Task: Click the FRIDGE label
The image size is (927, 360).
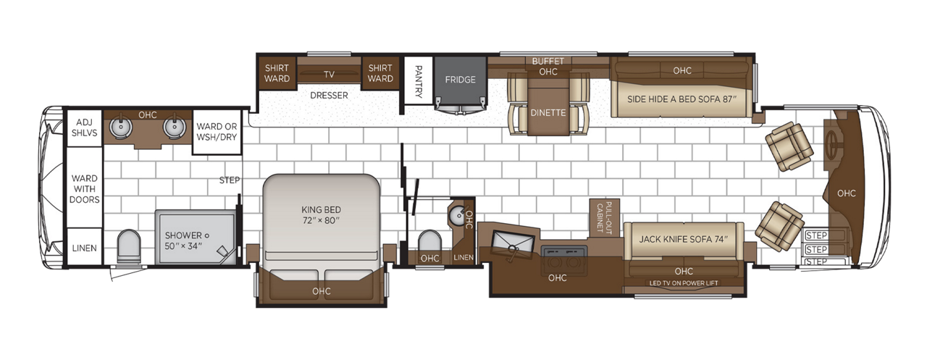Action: tap(461, 80)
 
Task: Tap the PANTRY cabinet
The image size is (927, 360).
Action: tap(418, 80)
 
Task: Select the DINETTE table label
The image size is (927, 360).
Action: tap(548, 112)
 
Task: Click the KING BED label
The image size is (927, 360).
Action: tap(321, 214)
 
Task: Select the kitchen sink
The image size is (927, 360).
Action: tap(515, 241)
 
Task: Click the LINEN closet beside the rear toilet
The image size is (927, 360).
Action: tap(84, 248)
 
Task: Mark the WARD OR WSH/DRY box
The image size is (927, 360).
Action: tap(215, 132)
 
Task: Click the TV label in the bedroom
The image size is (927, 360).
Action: tap(330, 75)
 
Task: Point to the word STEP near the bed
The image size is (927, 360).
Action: tap(230, 180)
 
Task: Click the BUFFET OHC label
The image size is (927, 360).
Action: tap(548, 66)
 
